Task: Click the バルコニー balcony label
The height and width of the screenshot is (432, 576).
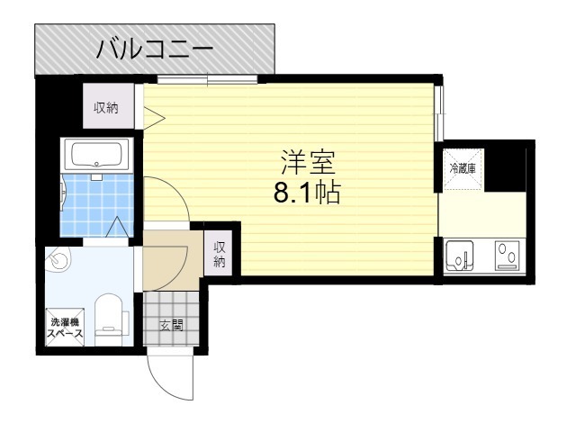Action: point(154,49)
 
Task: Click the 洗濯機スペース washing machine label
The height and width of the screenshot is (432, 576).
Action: point(65,328)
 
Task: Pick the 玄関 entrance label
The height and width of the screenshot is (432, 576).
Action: point(170,325)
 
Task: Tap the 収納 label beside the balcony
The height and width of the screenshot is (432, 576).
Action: point(107,108)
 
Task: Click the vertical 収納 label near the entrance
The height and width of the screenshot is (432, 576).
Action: point(220,255)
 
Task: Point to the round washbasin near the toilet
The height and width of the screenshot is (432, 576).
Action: point(59,261)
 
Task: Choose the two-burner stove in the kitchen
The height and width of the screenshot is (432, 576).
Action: point(507,257)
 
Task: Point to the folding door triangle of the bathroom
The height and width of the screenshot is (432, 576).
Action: point(116,228)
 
